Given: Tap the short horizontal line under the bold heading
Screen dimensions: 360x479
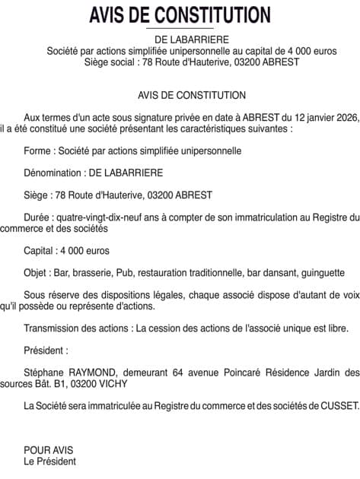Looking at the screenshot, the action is pos(180,28).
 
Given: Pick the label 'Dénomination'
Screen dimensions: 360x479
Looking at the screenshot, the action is pos(54,173).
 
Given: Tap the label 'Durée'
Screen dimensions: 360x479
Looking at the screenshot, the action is pos(37,217).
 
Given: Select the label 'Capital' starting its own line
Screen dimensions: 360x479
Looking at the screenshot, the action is pos(40,250).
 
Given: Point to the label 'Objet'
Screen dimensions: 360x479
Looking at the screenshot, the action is pos(37,272).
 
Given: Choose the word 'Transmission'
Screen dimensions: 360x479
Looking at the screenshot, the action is pos(53,328).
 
